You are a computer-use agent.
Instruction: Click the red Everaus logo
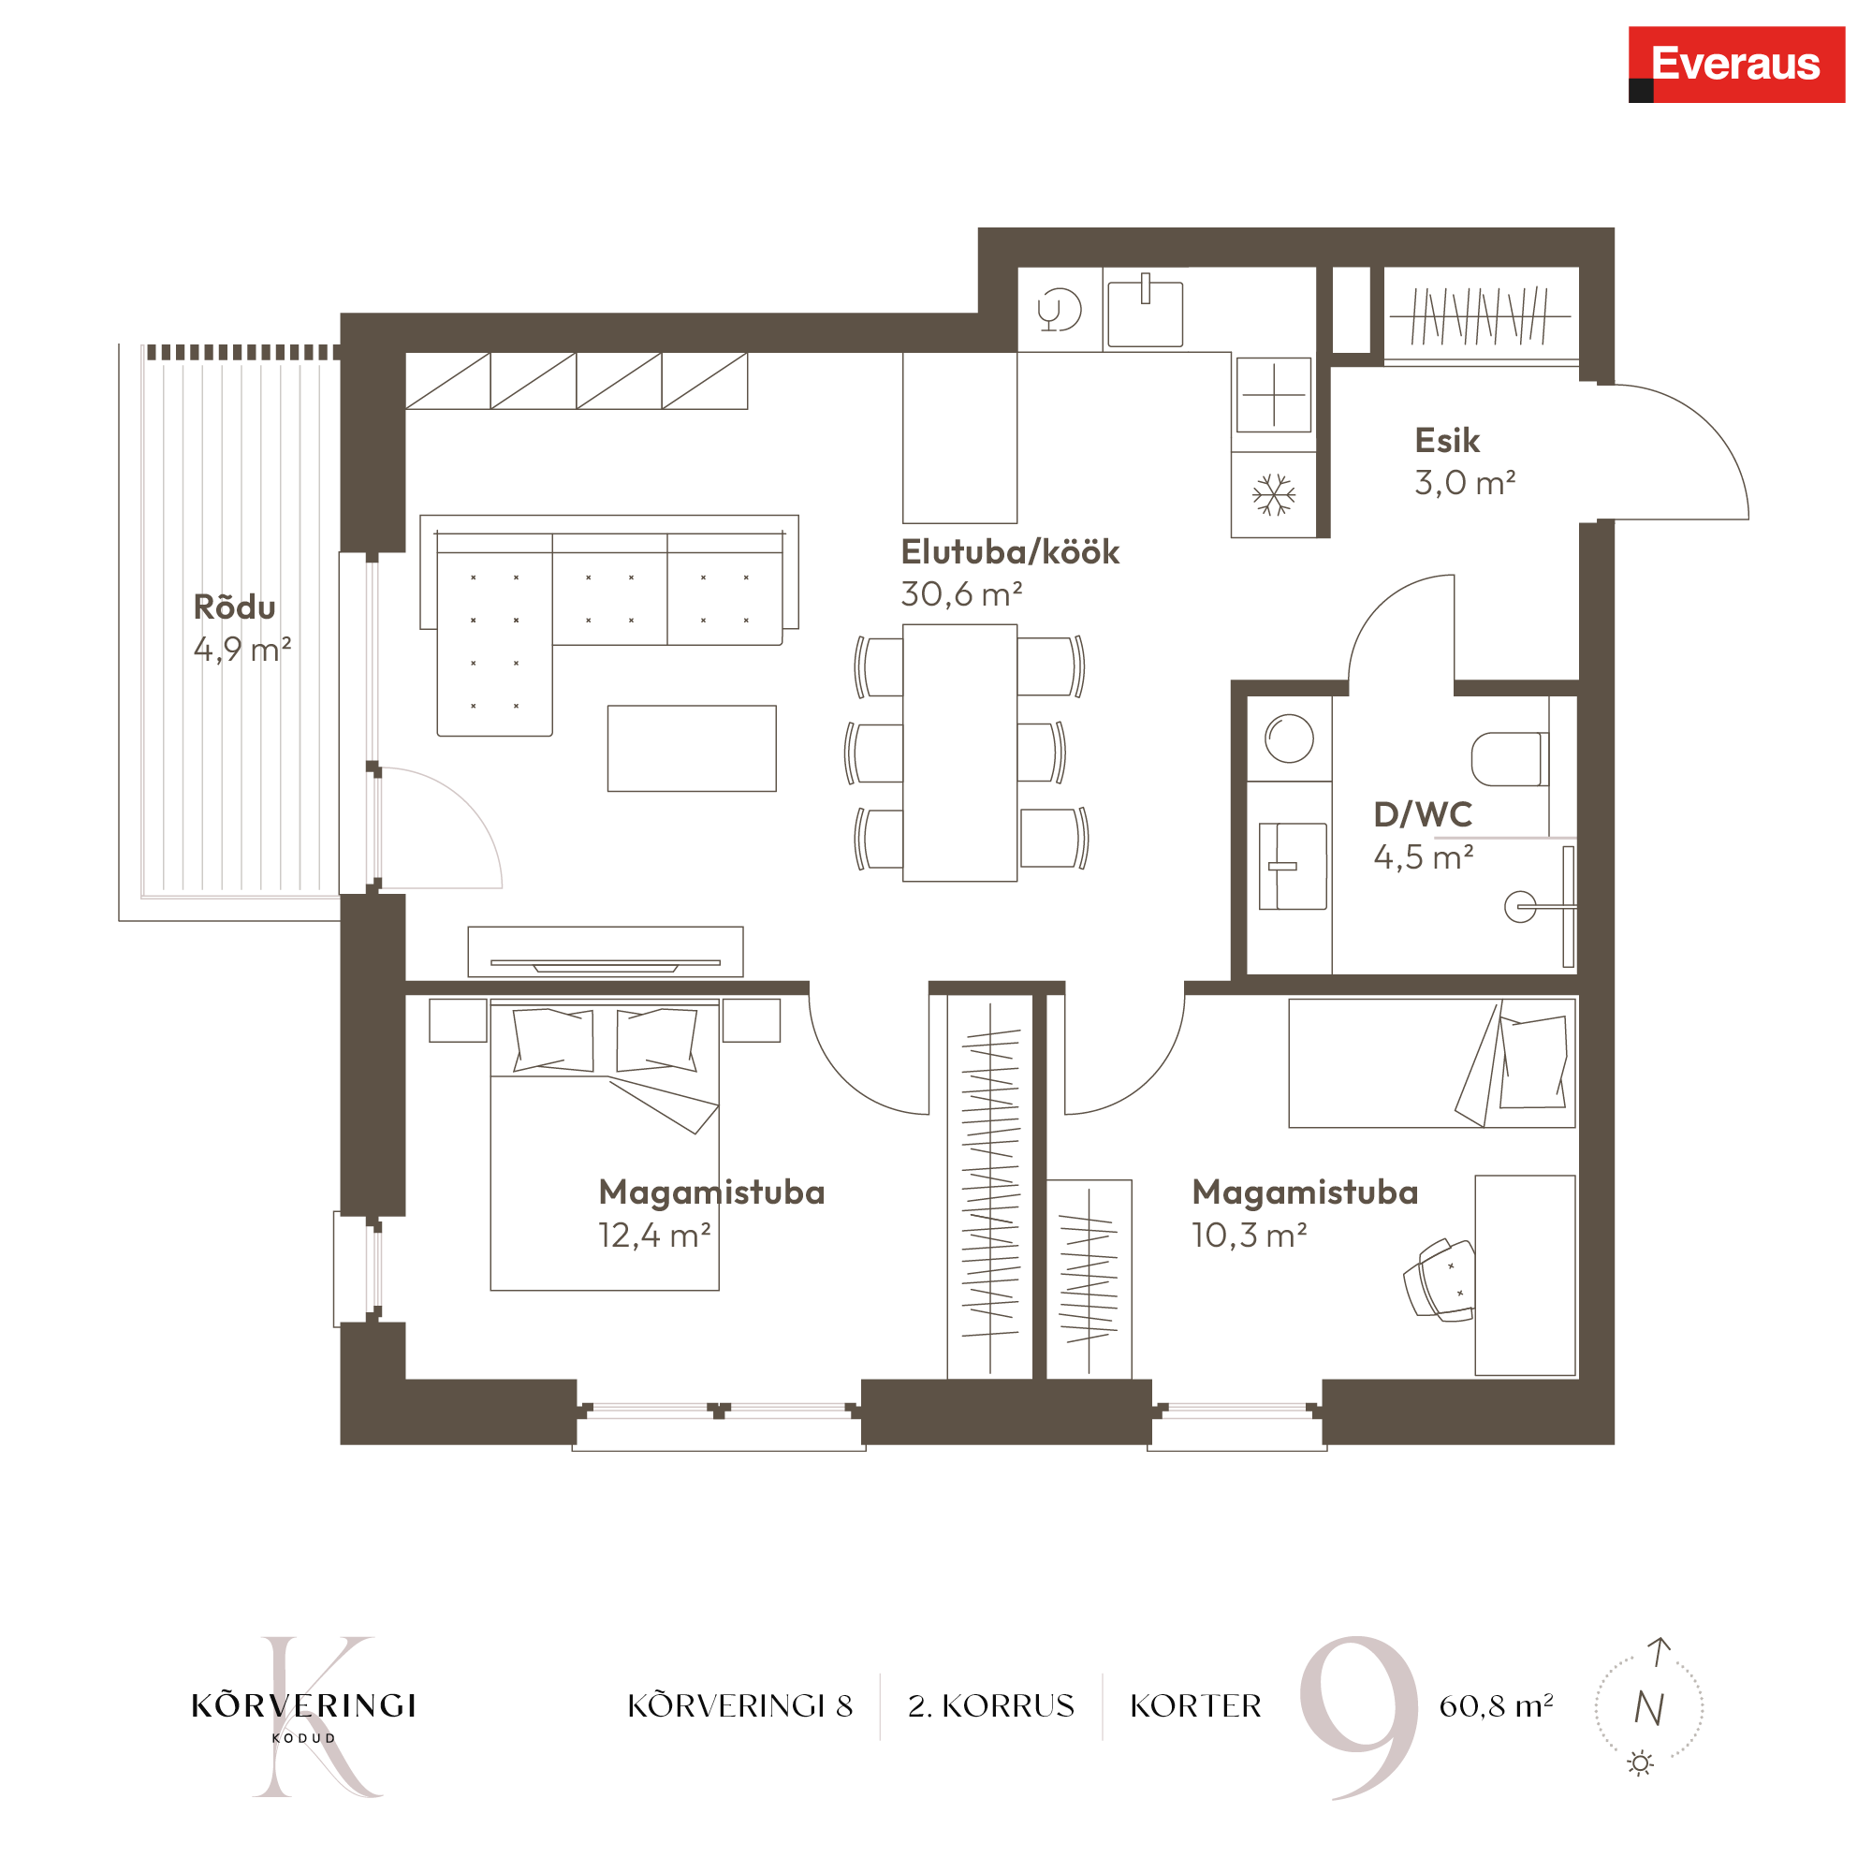click(x=1736, y=64)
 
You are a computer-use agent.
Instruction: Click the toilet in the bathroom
click(x=1510, y=758)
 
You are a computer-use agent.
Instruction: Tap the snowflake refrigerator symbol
click(x=1273, y=495)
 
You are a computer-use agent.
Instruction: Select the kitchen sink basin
click(x=1145, y=312)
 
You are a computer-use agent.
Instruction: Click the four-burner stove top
click(x=1273, y=395)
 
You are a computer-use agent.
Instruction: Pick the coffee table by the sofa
click(x=692, y=748)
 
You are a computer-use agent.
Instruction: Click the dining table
click(x=959, y=753)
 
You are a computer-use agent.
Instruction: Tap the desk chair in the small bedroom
click(x=1439, y=1279)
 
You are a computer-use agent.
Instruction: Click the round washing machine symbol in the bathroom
click(x=1289, y=739)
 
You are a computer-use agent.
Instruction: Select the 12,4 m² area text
click(x=654, y=1236)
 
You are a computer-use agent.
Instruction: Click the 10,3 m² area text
click(x=1249, y=1236)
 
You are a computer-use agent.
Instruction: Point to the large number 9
click(x=1358, y=1716)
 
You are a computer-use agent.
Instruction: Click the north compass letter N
click(x=1649, y=1708)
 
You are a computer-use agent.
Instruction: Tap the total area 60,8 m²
click(x=1496, y=1705)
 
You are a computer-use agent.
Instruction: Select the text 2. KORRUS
click(x=991, y=1705)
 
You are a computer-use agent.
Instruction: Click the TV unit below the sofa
click(x=606, y=952)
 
